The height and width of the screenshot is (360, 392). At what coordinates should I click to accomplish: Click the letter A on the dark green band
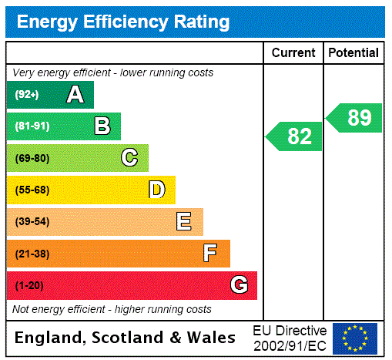(75, 95)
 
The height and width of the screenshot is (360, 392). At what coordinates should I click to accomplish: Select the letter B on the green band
(102, 126)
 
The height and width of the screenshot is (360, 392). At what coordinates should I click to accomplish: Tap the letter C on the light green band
(129, 158)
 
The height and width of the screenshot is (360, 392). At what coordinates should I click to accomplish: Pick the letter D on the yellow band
(156, 190)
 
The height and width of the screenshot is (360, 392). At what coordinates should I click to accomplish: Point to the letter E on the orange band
(184, 222)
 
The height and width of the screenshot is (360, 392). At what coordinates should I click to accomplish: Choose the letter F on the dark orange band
(210, 253)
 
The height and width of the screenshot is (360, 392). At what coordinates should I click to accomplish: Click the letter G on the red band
(239, 285)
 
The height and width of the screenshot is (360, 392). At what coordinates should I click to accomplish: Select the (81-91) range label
(32, 126)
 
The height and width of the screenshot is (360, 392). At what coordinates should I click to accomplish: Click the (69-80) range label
(32, 158)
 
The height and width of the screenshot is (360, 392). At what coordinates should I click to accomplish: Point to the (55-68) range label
(32, 190)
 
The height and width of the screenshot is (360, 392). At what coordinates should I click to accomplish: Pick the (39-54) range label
(32, 222)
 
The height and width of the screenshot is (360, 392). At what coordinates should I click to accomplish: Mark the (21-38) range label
(32, 253)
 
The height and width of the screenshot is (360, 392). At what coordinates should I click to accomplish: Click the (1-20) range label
(29, 285)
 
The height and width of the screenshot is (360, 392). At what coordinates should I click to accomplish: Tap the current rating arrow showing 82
(295, 136)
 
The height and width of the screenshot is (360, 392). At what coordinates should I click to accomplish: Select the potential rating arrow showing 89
(355, 117)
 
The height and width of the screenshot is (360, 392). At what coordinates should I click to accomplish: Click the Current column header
(293, 52)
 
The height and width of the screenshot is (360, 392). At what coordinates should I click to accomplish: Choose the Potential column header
(353, 52)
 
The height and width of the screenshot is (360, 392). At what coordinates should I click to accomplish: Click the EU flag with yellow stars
(355, 338)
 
